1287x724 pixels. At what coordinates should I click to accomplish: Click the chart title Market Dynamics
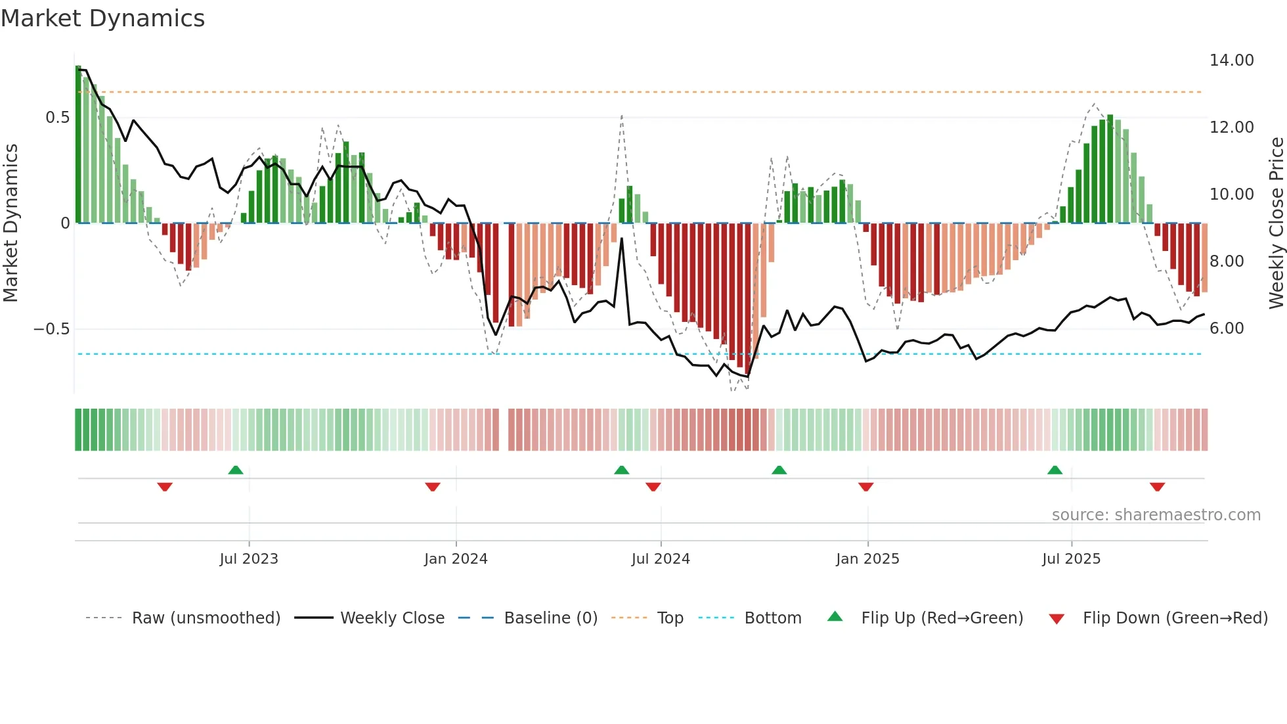coord(102,18)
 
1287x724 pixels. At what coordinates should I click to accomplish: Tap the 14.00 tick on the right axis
coord(1231,60)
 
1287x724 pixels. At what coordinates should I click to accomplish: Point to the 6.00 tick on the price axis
coord(1227,328)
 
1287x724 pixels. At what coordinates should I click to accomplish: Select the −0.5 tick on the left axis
coord(51,329)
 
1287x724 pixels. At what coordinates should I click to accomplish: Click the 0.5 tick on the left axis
coord(57,118)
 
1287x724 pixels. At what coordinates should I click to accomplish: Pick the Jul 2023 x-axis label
coord(249,559)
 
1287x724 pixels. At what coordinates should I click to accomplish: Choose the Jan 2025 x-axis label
coord(867,559)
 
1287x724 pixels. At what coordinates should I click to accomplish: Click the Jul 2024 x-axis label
coord(661,559)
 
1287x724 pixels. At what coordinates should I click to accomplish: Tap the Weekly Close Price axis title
coord(1276,223)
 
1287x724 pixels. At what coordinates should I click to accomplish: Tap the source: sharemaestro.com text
coord(1156,515)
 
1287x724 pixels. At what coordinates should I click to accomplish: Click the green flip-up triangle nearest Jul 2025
coord(1055,470)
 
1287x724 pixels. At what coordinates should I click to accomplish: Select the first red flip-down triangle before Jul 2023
coord(165,487)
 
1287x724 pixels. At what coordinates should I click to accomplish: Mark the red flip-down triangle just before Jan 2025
coord(865,487)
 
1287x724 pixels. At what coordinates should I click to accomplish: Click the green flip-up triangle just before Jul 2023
coord(236,470)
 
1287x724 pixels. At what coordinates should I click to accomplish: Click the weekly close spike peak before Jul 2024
coord(622,239)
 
